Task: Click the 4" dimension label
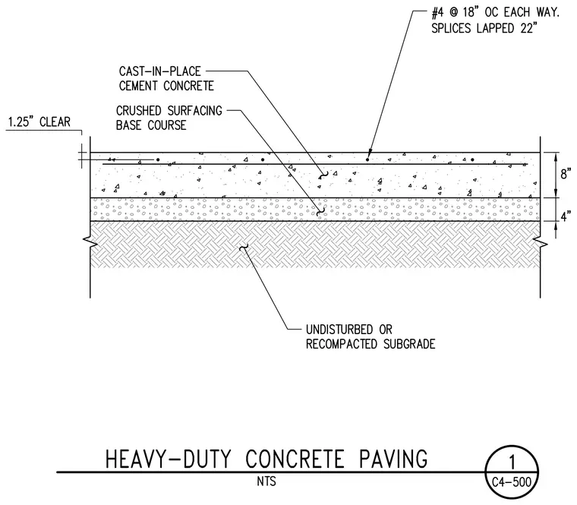coord(566,216)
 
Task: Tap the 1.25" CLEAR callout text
coord(39,122)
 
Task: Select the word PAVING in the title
coord(393,459)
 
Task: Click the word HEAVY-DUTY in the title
coord(169,459)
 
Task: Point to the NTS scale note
coord(266,481)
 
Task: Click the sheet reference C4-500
coord(512,481)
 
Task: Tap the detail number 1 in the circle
coord(512,462)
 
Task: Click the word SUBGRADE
coord(409,344)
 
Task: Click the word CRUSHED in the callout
coord(139,110)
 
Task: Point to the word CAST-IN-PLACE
coord(159,71)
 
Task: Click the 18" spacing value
coord(470,13)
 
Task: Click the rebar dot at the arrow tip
coord(367,159)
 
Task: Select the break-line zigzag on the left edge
coord(90,241)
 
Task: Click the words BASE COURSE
coord(151,125)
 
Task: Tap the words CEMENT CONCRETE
coord(166,86)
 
